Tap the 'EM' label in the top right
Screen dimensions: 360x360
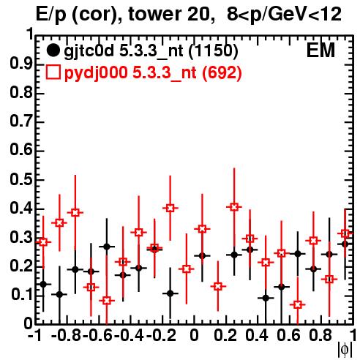(x=320, y=50)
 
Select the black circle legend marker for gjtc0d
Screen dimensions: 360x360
(x=53, y=50)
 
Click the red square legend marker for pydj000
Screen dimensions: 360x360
(x=53, y=72)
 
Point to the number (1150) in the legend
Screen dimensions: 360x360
(x=214, y=50)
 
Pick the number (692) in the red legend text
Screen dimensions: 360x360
(x=222, y=72)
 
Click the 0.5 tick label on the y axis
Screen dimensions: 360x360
(x=21, y=180)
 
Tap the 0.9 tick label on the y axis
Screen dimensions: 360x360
(x=21, y=64)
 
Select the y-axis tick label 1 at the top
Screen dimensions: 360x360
(x=30, y=34)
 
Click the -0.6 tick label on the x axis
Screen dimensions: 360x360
(x=98, y=335)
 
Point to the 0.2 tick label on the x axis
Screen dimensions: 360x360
(x=225, y=335)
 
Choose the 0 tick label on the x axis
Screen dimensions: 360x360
(x=194, y=335)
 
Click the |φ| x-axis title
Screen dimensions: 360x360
(x=345, y=350)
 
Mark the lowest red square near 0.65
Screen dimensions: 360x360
(x=298, y=304)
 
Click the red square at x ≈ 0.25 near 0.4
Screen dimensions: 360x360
(x=234, y=207)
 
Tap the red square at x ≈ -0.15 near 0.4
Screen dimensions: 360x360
(x=170, y=208)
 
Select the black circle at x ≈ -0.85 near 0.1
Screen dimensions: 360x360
(x=59, y=294)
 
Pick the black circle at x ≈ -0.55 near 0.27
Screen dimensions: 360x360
(x=107, y=247)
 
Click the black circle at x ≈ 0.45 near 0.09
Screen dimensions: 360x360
(x=266, y=298)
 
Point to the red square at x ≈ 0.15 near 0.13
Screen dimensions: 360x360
(x=218, y=286)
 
